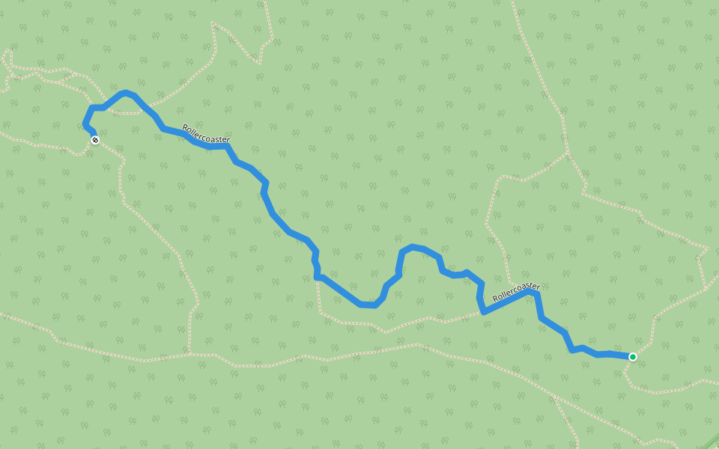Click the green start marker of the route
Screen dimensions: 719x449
click(633, 357)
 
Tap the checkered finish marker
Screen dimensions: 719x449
click(94, 140)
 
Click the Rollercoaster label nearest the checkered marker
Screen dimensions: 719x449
click(205, 134)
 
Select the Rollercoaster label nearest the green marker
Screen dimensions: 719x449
click(516, 293)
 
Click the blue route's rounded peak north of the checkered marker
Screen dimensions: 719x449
click(125, 92)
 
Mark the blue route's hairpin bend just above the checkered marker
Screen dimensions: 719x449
click(85, 123)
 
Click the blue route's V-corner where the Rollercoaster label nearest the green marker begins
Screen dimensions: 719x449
click(483, 311)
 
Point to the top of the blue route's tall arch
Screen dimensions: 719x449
click(411, 246)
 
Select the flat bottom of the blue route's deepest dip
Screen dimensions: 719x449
click(367, 305)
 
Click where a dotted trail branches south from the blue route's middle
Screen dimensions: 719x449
click(317, 278)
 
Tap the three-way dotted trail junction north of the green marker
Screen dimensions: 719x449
click(568, 153)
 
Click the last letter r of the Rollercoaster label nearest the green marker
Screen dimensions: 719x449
click(537, 286)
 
